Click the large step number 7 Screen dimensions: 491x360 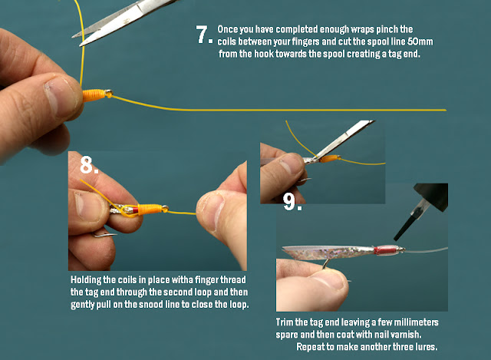pos(202,34)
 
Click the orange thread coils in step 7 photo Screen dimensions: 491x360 pos(94,95)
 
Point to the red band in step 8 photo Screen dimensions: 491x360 pos(135,210)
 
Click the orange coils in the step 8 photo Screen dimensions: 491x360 pos(150,210)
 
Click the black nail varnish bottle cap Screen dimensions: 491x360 pos(431,197)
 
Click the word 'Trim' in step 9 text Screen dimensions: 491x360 pos(285,322)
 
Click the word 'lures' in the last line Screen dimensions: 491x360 pos(427,347)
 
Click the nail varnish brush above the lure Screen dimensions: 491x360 pos(404,226)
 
